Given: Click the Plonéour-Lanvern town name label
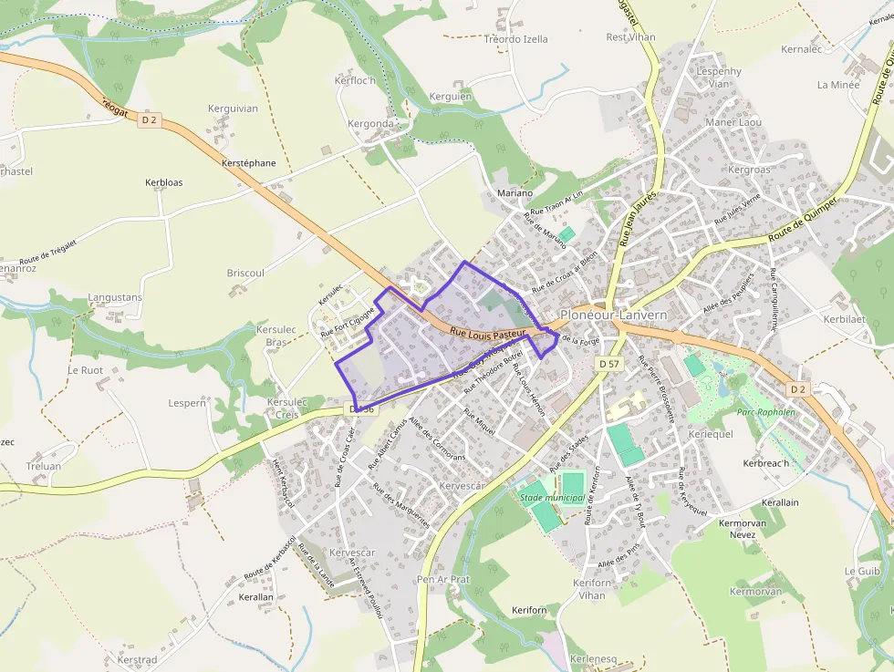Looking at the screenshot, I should tap(614, 315).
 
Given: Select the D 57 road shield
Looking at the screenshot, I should tap(608, 364).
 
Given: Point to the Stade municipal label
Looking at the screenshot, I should tap(552, 498).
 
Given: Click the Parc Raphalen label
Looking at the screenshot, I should tap(765, 412).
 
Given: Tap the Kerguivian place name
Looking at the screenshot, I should tap(233, 109).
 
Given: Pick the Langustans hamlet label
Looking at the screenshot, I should tap(115, 298).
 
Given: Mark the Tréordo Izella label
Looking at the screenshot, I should tap(516, 39).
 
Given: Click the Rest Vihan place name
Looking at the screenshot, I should tap(630, 37).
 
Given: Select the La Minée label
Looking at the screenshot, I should tap(838, 85).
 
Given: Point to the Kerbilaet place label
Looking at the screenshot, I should tap(844, 320).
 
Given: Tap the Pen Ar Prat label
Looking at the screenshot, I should tap(442, 579).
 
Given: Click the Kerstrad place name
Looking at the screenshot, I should tap(137, 659).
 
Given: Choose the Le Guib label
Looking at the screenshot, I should tap(862, 571).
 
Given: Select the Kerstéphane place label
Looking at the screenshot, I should tap(248, 163).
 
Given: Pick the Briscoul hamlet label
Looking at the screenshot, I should tap(245, 273).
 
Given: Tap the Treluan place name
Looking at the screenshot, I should tap(44, 466).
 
